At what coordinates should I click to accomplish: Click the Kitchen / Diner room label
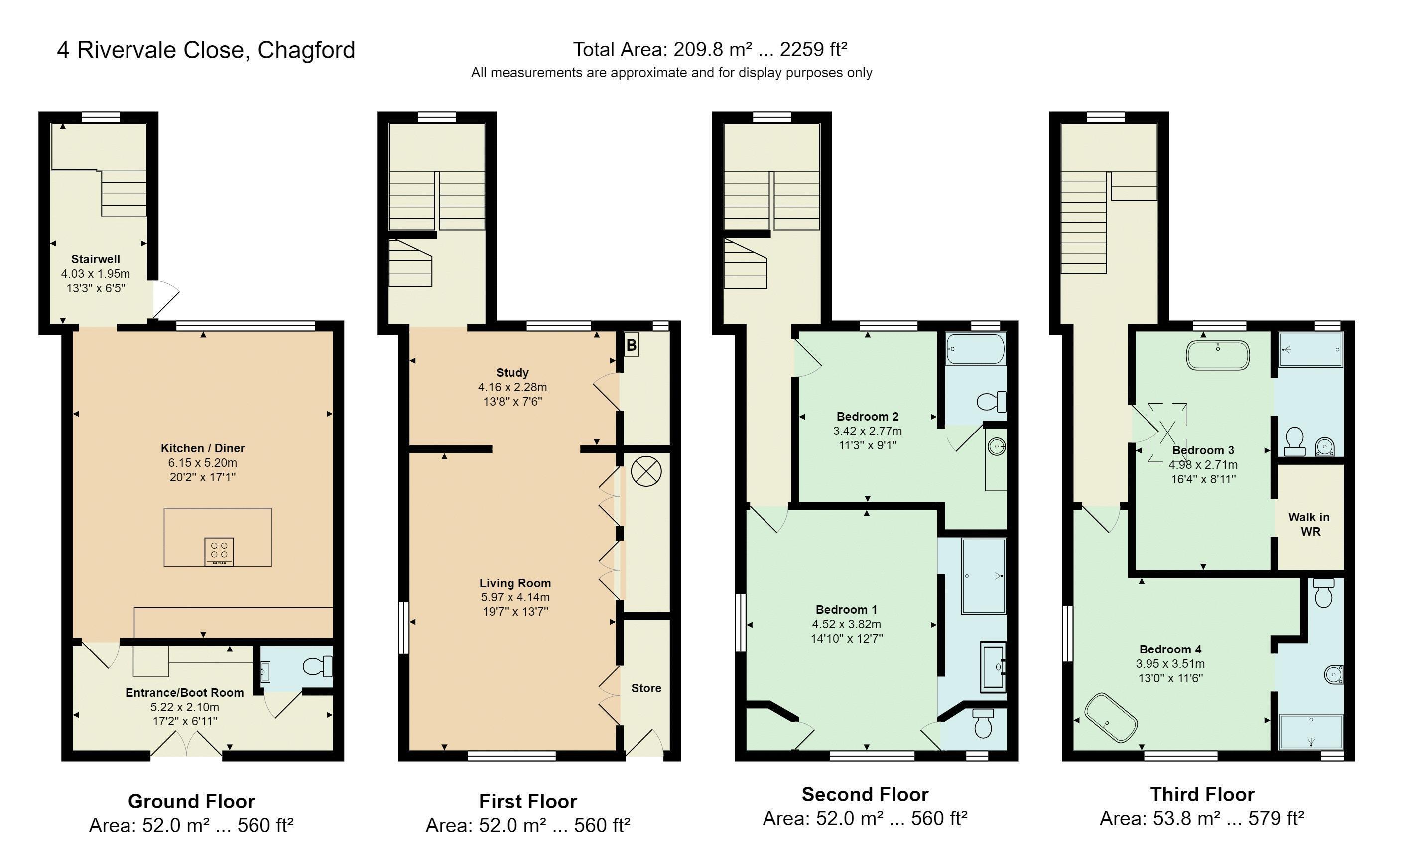tap(203, 448)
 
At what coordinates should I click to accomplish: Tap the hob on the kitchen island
tap(219, 551)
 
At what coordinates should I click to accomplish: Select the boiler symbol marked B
tap(632, 345)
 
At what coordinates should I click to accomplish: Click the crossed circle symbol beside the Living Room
tap(646, 472)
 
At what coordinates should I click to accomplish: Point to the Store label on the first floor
tap(646, 688)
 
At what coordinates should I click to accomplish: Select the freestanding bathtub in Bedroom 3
tap(1218, 355)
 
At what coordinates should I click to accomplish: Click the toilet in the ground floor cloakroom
tap(317, 666)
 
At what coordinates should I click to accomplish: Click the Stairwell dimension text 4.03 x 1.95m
tap(96, 273)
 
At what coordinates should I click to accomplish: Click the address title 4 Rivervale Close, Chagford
tap(206, 50)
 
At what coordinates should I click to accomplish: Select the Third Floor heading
tap(1202, 795)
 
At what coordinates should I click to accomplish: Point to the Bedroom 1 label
tap(846, 609)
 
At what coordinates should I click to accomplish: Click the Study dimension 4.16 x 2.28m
tap(512, 387)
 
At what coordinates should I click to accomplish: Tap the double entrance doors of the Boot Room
tap(187, 743)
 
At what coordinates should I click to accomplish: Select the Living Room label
tap(515, 583)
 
